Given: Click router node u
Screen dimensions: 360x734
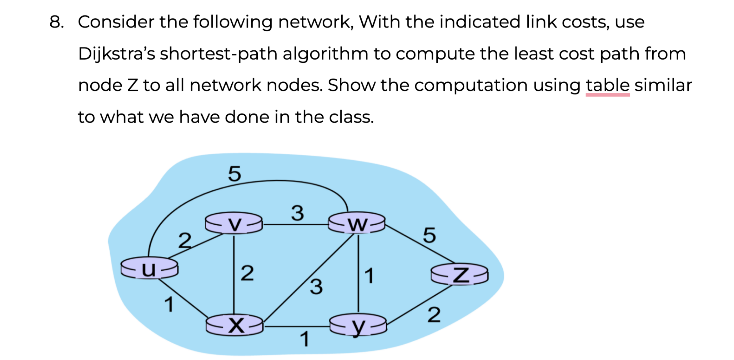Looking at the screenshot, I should pyautogui.click(x=149, y=269).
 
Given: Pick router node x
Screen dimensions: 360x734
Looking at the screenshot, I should pyautogui.click(x=235, y=325).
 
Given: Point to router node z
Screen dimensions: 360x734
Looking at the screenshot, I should pyautogui.click(x=460, y=275).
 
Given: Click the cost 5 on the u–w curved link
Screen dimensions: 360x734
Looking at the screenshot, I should pyautogui.click(x=235, y=174).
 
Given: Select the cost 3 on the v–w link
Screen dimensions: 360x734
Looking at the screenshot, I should pyautogui.click(x=297, y=213).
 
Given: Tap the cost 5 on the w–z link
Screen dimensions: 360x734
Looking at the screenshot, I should pyautogui.click(x=429, y=235).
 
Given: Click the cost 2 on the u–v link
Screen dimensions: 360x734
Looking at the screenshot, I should pyautogui.click(x=185, y=240).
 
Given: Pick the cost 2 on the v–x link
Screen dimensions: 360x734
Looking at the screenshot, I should pyautogui.click(x=247, y=273).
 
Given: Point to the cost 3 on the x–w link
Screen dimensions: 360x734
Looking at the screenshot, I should pyautogui.click(x=316, y=287).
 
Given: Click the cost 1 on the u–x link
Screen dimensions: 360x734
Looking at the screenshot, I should pyautogui.click(x=169, y=305).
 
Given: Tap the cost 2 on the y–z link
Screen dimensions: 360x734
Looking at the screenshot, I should pyautogui.click(x=434, y=315).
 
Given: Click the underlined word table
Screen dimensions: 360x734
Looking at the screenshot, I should pyautogui.click(x=608, y=85).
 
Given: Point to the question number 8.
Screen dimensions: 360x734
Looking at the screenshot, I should pyautogui.click(x=56, y=22).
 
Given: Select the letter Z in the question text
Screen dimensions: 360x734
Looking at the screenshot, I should pyautogui.click(x=132, y=85).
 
